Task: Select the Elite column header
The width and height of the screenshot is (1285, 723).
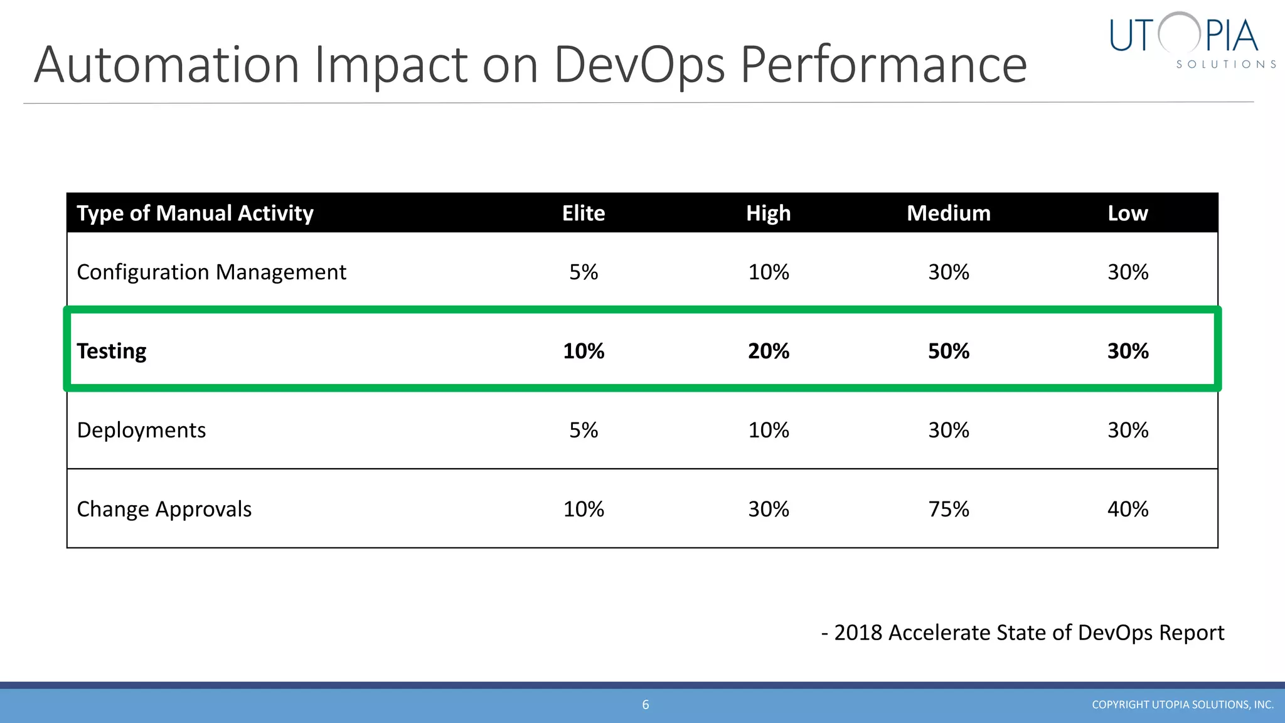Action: point(583,213)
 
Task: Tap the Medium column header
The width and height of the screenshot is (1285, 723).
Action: point(948,213)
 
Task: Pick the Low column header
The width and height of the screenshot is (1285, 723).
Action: point(1127,213)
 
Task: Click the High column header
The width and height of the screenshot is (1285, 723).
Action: point(768,213)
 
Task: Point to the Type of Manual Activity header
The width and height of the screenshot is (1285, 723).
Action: point(195,213)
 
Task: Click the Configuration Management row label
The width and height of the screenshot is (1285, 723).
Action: point(211,272)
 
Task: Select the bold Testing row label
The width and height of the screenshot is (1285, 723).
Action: point(112,351)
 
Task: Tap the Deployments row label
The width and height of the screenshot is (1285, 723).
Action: point(141,431)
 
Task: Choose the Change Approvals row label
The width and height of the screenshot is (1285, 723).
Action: point(164,509)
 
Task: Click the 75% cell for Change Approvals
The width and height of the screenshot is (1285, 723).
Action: point(948,509)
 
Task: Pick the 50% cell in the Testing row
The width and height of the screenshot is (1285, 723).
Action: point(948,351)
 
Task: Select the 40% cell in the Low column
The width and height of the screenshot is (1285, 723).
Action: point(1128,509)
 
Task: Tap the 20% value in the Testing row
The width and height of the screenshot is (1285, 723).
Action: point(768,351)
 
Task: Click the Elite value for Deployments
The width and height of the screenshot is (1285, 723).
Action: point(583,431)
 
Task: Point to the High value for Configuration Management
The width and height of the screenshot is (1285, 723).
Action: point(768,272)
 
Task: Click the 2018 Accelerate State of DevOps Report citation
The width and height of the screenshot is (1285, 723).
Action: point(1023,633)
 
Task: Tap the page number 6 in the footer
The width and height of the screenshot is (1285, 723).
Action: point(645,705)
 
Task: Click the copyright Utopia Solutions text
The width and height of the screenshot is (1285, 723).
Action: point(1182,705)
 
